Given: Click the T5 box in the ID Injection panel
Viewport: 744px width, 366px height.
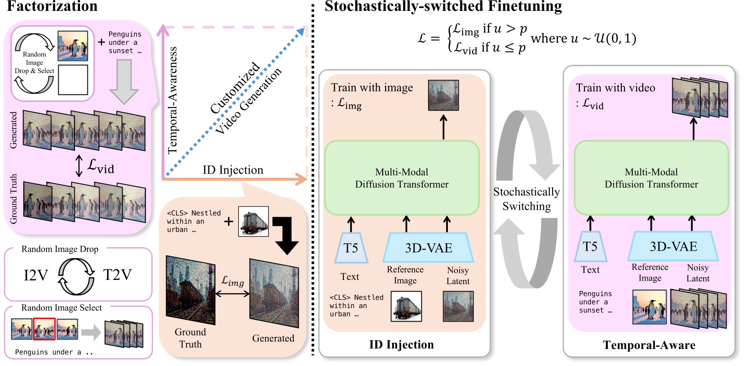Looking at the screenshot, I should point(351,248).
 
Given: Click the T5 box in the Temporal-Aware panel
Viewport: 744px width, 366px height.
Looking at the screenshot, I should point(590,246).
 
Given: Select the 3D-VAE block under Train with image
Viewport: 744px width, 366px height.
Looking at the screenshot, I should point(428,248).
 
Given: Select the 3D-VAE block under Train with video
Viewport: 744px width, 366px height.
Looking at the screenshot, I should point(673,246).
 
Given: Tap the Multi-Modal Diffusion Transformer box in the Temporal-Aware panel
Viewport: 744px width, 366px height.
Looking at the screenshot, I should point(651,178).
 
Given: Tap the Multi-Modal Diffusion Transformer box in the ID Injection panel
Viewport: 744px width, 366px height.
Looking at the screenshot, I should point(401,178).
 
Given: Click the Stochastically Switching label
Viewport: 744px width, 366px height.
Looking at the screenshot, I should point(526,199).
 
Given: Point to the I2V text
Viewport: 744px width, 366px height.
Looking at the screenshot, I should point(36,275).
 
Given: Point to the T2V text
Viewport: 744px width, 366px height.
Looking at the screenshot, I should point(117,275).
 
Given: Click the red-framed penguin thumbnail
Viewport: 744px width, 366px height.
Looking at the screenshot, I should point(44,329).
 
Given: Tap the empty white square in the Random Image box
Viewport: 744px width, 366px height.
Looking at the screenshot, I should point(73,80).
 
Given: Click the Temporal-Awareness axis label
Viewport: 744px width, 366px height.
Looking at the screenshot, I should point(173,101).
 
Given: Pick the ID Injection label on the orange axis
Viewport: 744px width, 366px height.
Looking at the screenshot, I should point(233,170).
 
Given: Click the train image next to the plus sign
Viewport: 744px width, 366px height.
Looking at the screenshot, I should point(254,222).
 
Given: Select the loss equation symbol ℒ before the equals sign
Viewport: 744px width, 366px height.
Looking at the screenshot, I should point(422,38).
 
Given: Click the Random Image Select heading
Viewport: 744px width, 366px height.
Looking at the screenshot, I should point(61,308).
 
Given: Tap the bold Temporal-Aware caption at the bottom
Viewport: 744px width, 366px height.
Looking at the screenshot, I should point(649,345).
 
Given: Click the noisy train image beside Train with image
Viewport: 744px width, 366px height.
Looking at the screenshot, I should point(443,95).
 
